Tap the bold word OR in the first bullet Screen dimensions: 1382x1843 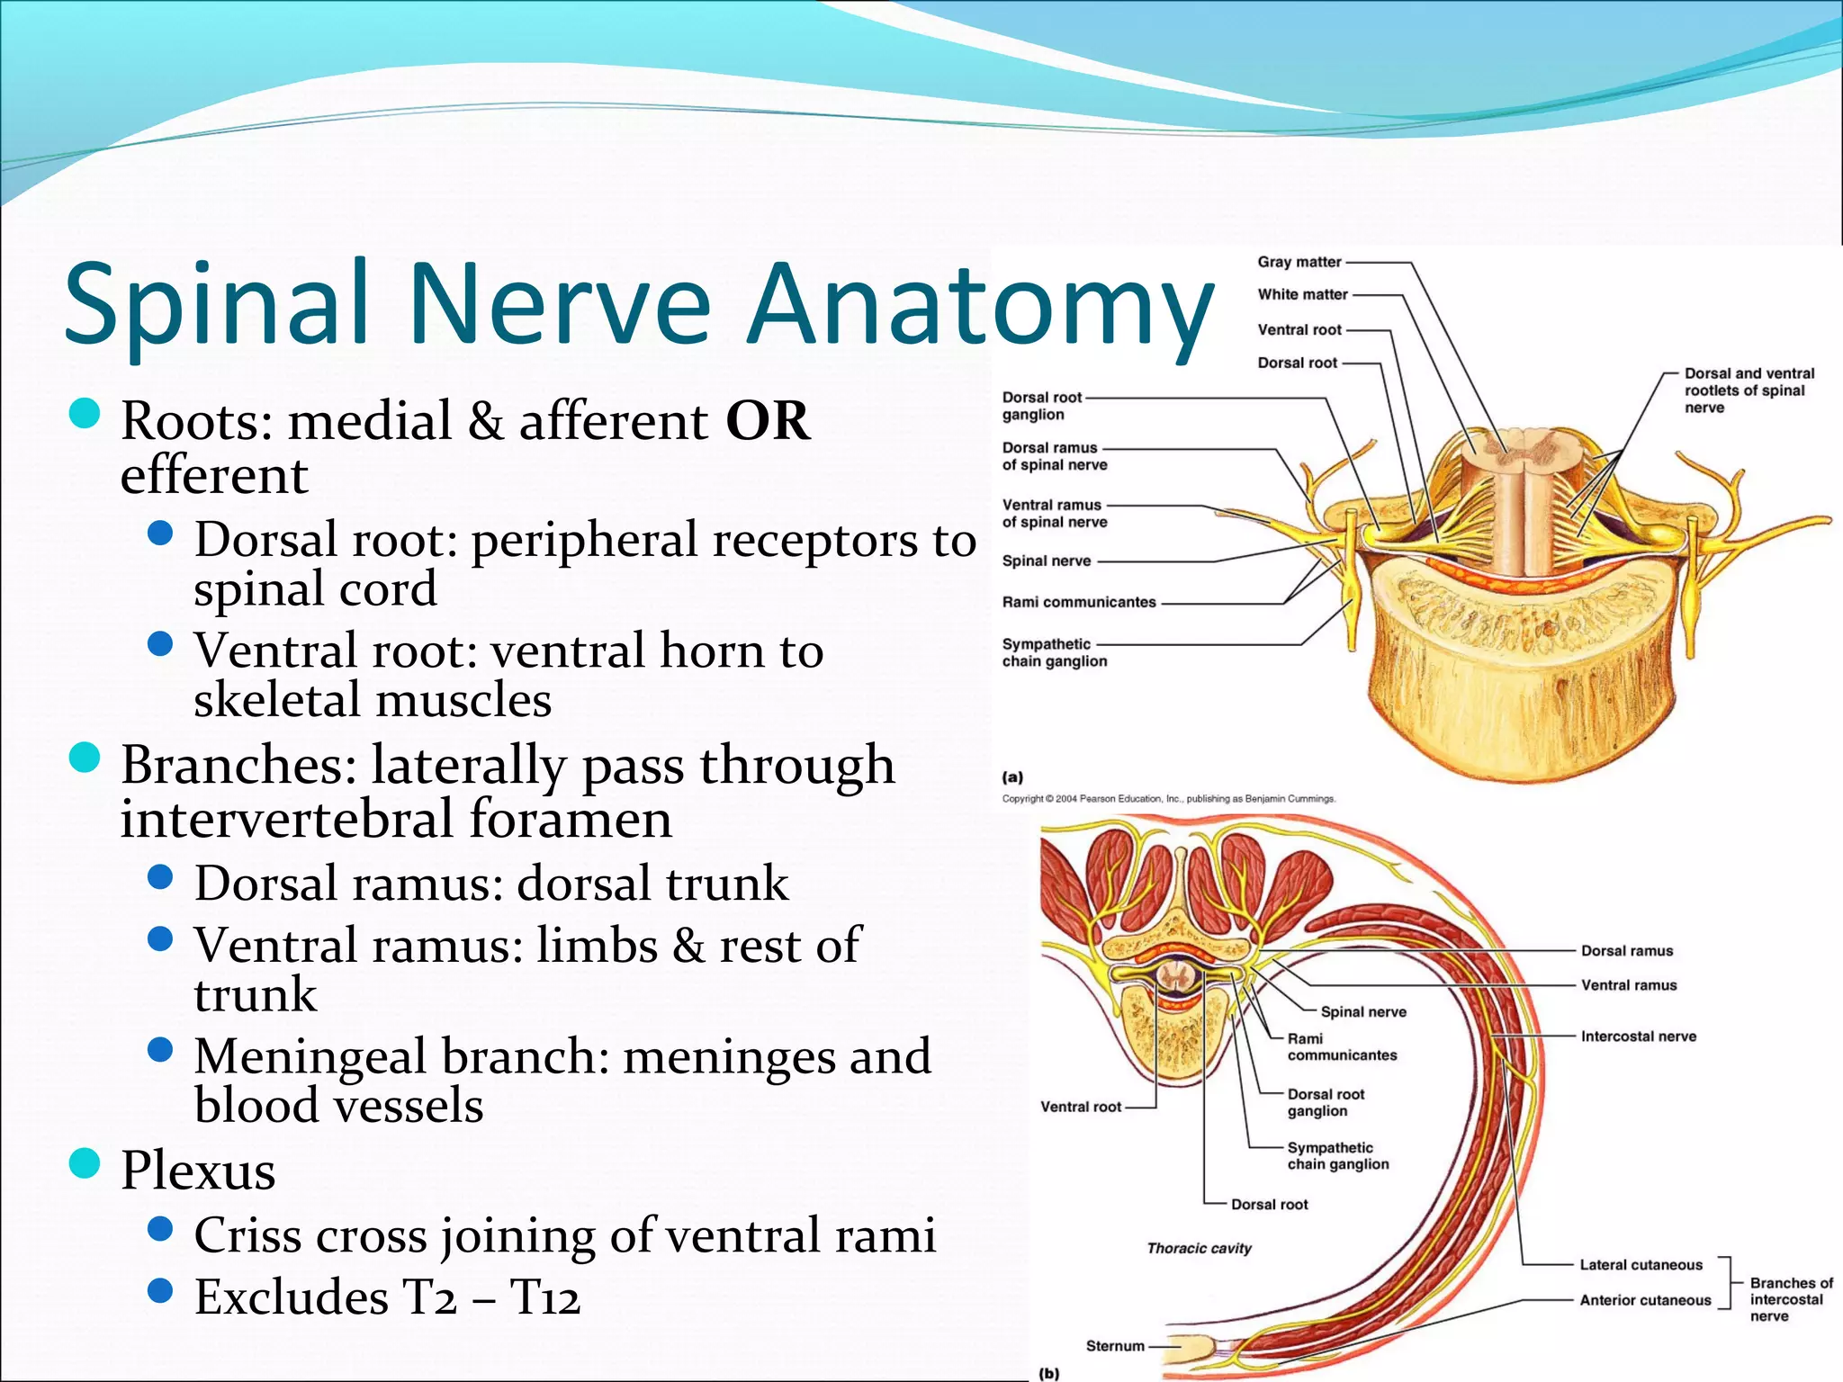click(x=768, y=421)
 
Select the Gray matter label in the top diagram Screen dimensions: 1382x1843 click(x=1299, y=262)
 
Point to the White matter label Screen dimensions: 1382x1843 click(x=1302, y=294)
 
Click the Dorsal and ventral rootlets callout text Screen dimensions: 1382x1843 click(x=1748, y=390)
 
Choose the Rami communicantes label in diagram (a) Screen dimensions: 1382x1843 click(x=1079, y=602)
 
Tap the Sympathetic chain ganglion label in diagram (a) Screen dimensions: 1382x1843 click(x=1054, y=652)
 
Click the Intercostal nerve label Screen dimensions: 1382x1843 click(x=1638, y=1036)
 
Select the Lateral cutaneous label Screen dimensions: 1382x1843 click(x=1641, y=1265)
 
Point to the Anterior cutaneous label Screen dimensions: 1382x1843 click(x=1645, y=1300)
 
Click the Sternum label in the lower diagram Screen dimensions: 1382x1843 click(x=1115, y=1346)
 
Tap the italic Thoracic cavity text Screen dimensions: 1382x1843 click(x=1199, y=1248)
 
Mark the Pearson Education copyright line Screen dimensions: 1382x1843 click(x=1168, y=799)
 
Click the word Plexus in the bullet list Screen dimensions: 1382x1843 click(x=198, y=1171)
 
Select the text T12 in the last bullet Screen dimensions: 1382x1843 click(x=545, y=1297)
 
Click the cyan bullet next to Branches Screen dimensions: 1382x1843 click(x=85, y=758)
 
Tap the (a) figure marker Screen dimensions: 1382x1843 click(x=1012, y=776)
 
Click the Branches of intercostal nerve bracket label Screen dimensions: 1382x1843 click(x=1789, y=1299)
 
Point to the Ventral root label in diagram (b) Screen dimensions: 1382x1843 click(x=1080, y=1107)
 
